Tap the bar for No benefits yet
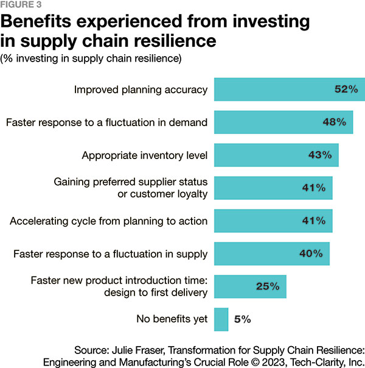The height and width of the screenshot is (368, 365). tap(221, 318)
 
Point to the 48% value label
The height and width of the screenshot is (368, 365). tap(333, 122)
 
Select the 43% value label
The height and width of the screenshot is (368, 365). tap(319, 155)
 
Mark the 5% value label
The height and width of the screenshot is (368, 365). tap(242, 318)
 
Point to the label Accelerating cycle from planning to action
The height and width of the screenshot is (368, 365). tap(108, 221)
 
